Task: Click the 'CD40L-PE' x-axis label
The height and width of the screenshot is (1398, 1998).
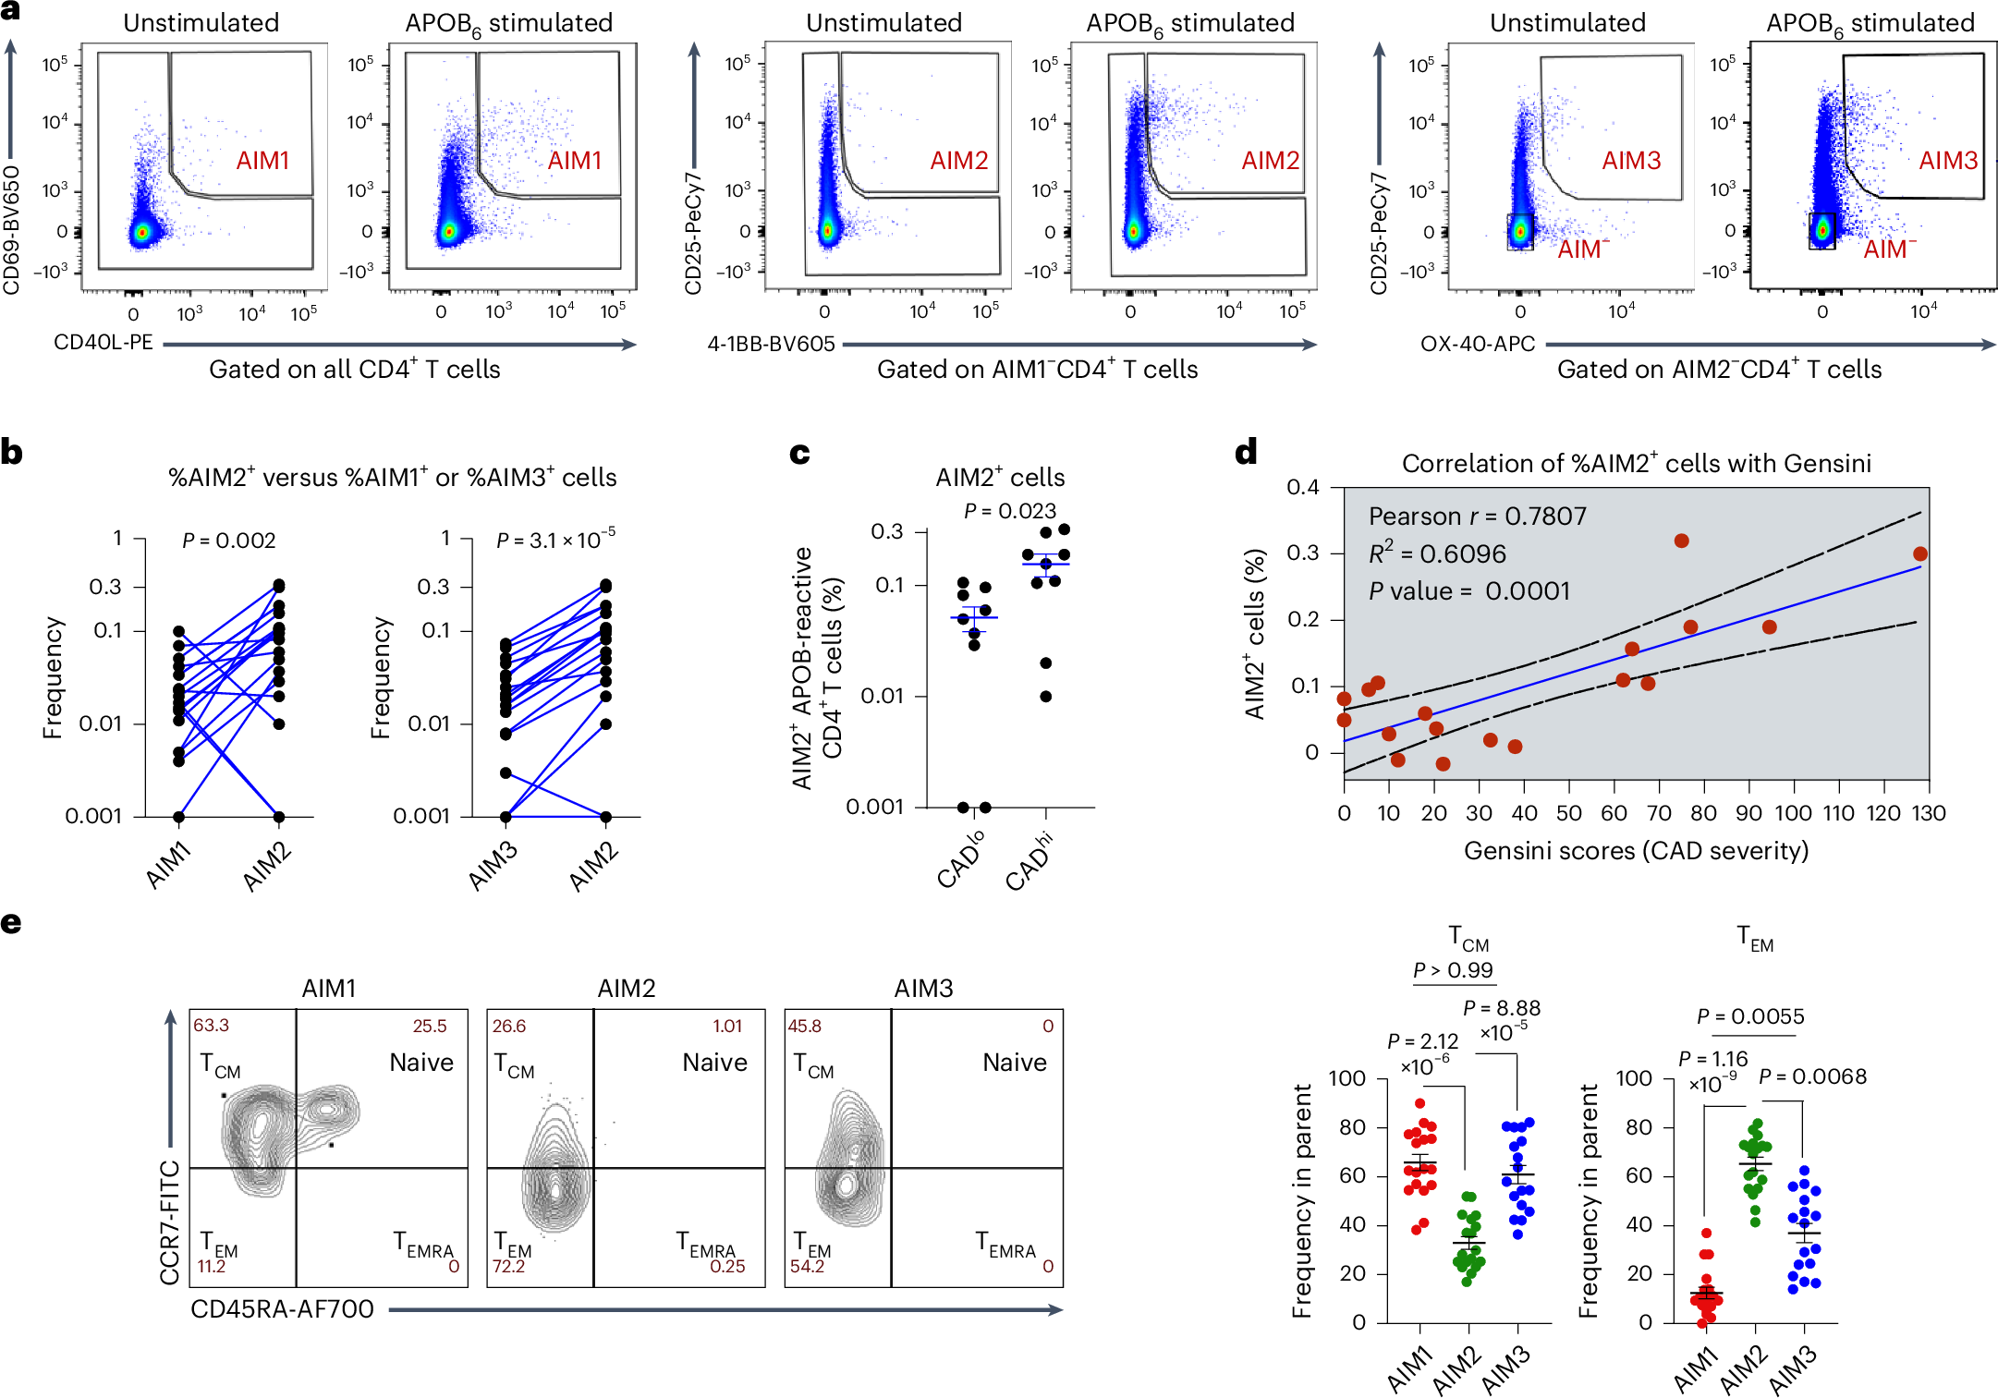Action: [x=104, y=343]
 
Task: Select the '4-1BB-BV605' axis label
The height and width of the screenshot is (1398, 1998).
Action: [x=771, y=345]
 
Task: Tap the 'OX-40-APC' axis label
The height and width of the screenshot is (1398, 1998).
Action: [x=1477, y=345]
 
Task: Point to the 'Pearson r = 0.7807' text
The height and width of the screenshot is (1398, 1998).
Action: [x=1477, y=517]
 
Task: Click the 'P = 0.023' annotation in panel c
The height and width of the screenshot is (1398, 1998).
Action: [x=1009, y=511]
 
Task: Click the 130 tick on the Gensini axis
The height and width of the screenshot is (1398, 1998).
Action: [x=1929, y=814]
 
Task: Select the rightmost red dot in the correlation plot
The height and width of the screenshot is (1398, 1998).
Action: [x=1920, y=554]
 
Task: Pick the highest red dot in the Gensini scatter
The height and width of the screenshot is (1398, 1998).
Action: [x=1681, y=541]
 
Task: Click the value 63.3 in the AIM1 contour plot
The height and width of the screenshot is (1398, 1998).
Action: [x=212, y=1026]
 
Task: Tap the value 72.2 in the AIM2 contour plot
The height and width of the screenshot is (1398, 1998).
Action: [x=508, y=1266]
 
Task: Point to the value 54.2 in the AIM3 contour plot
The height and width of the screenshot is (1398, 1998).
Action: [x=807, y=1266]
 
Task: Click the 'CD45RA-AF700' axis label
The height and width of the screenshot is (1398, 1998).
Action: [x=282, y=1309]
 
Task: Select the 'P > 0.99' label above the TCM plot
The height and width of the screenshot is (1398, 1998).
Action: [x=1453, y=970]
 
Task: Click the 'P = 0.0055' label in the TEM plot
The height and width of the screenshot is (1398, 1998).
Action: [x=1750, y=1017]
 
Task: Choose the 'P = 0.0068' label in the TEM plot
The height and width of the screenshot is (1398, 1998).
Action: [x=1812, y=1076]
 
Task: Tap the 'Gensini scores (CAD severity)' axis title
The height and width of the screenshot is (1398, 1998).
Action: [x=1636, y=851]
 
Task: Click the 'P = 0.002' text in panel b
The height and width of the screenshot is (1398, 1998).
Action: [x=228, y=541]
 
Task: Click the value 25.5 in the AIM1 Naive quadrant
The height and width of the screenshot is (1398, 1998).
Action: [x=430, y=1026]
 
